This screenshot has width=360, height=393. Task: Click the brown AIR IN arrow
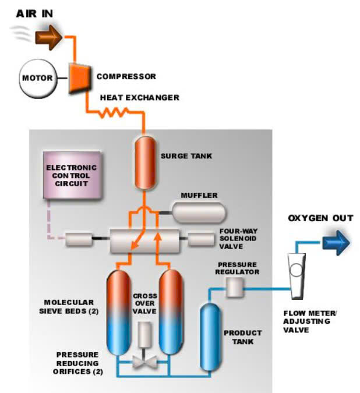pyautogui.click(x=48, y=37)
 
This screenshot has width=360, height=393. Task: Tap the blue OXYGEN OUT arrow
pyautogui.click(x=336, y=243)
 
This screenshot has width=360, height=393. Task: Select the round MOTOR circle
pyautogui.click(x=38, y=78)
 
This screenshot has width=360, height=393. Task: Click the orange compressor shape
pyautogui.click(x=79, y=78)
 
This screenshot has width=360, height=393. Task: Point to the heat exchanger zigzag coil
pyautogui.click(x=114, y=112)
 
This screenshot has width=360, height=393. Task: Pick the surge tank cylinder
pyautogui.click(x=145, y=163)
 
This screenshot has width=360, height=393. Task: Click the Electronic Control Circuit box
pyautogui.click(x=72, y=175)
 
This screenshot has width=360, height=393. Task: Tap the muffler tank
pyautogui.click(x=199, y=213)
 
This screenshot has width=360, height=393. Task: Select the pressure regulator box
pyautogui.click(x=235, y=288)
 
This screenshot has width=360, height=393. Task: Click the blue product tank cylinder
pyautogui.click(x=211, y=337)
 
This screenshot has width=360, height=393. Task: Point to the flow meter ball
pyautogui.click(x=297, y=270)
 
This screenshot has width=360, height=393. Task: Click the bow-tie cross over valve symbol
pyautogui.click(x=144, y=362)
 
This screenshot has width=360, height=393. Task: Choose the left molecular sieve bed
pyautogui.click(x=119, y=312)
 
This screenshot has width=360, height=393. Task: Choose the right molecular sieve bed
pyautogui.click(x=171, y=312)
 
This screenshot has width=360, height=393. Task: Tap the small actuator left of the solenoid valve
pyautogui.click(x=79, y=239)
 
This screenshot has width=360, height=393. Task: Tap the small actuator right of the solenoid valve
pyautogui.click(x=201, y=239)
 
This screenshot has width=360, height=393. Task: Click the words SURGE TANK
pyautogui.click(x=186, y=156)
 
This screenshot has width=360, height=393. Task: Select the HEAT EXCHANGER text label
pyautogui.click(x=140, y=97)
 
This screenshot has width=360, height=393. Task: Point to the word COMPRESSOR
pyautogui.click(x=126, y=76)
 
